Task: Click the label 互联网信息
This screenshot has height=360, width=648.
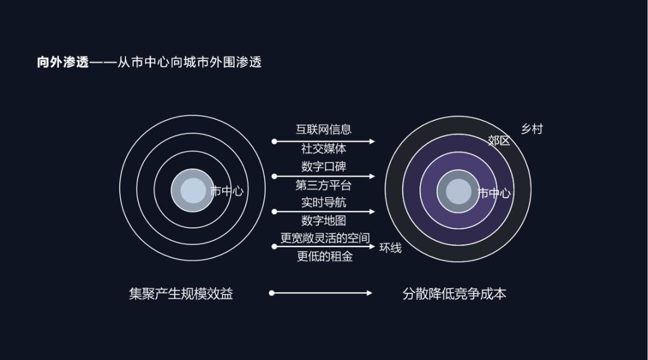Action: click(323, 130)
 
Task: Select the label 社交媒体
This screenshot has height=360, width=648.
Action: click(323, 148)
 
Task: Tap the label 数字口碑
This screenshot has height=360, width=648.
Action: click(323, 167)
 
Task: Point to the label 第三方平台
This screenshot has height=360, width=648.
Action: click(323, 185)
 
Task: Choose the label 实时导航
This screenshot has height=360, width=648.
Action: click(323, 203)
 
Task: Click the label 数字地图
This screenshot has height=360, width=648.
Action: click(323, 221)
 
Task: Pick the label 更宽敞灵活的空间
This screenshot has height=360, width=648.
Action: click(325, 238)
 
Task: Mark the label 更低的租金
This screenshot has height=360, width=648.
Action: click(325, 257)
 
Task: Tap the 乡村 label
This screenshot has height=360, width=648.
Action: click(532, 130)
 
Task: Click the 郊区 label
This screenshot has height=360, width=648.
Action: click(499, 141)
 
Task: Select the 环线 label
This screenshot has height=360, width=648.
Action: click(391, 248)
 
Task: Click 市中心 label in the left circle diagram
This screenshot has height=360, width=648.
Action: click(227, 191)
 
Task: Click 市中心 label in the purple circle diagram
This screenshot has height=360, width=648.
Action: click(494, 193)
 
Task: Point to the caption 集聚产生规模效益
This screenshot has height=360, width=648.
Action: click(181, 294)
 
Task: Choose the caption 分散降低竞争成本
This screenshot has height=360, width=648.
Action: click(454, 294)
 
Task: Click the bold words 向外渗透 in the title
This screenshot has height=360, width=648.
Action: click(63, 62)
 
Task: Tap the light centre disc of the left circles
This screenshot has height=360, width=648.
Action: click(193, 191)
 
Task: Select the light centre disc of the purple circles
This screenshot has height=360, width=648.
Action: click(458, 191)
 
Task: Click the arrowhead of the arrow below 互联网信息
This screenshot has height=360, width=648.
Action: click(372, 142)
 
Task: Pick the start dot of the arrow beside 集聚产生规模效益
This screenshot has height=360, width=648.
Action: click(272, 293)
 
